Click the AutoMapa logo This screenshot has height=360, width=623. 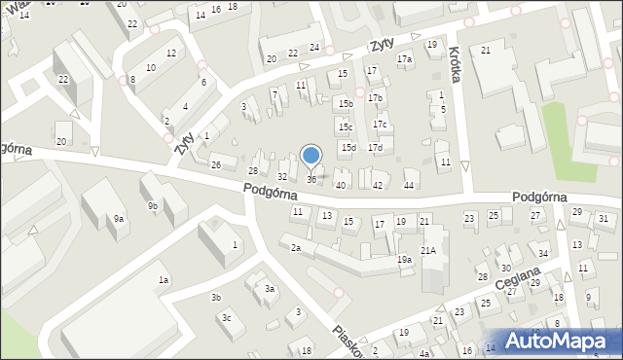pos(558,342)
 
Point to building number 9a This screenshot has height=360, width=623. pos(118,219)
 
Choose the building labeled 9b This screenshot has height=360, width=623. pos(153,205)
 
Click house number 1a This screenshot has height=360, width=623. pos(165,280)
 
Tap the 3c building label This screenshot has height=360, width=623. pos(226,317)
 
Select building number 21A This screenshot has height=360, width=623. pos(427,250)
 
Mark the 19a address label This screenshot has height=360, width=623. pos(403,260)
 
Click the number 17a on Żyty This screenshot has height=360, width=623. pos(404,59)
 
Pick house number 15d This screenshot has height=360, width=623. pos(348,147)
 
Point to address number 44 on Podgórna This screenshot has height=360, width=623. pos(410,185)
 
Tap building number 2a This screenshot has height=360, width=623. pos(295,248)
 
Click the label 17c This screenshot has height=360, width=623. pos(380,124)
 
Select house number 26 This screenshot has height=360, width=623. pos(216,164)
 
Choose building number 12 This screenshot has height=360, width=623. pos(170,53)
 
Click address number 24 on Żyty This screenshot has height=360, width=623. pos(314,47)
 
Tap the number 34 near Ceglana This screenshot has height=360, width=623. pos(543,254)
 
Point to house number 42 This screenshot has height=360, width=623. pos(378,185)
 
